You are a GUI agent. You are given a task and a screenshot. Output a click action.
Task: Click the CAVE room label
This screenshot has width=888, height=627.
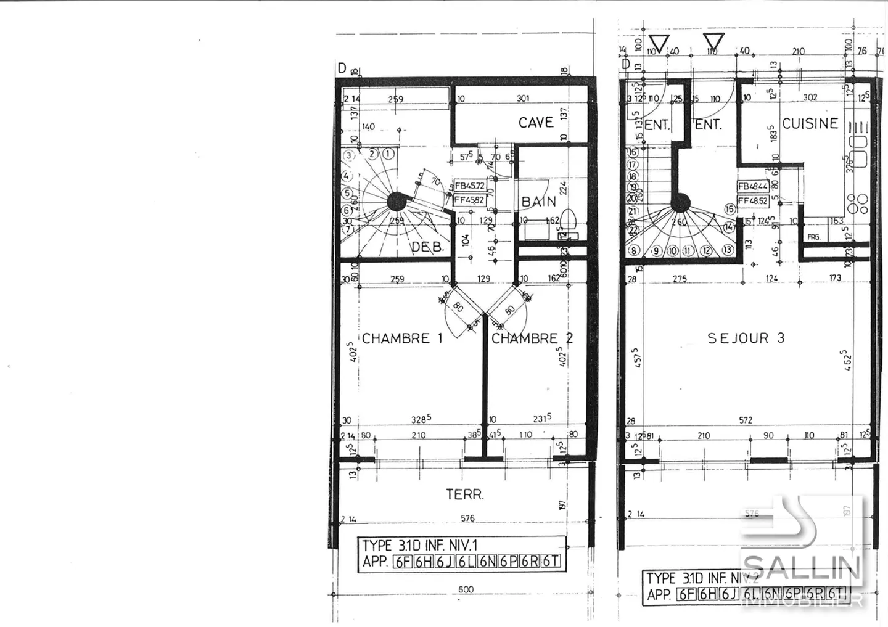click(536, 123)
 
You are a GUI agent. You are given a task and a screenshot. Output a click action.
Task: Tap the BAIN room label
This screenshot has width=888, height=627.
click(539, 202)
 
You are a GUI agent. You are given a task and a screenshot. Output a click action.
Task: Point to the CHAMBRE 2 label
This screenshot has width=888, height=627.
click(532, 338)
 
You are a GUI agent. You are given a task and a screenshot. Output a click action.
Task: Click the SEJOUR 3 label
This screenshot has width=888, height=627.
click(746, 338)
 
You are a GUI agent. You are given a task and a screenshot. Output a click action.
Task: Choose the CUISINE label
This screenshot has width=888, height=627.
click(810, 123)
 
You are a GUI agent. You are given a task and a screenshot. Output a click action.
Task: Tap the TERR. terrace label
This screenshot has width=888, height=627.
click(464, 494)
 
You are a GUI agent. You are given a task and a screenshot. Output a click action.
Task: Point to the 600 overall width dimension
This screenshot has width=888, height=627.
click(466, 589)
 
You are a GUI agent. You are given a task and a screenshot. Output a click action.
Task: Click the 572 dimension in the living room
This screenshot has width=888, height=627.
click(746, 420)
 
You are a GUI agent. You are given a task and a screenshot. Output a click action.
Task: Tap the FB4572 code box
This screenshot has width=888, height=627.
click(470, 186)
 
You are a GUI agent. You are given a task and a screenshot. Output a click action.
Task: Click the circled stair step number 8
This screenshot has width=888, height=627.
click(633, 251)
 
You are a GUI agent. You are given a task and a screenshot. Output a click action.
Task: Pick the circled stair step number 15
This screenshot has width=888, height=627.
click(731, 210)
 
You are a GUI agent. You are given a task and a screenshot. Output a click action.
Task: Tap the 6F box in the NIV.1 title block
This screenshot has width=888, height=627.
click(403, 561)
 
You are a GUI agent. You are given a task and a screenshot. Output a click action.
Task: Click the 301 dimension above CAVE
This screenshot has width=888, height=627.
click(523, 99)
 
